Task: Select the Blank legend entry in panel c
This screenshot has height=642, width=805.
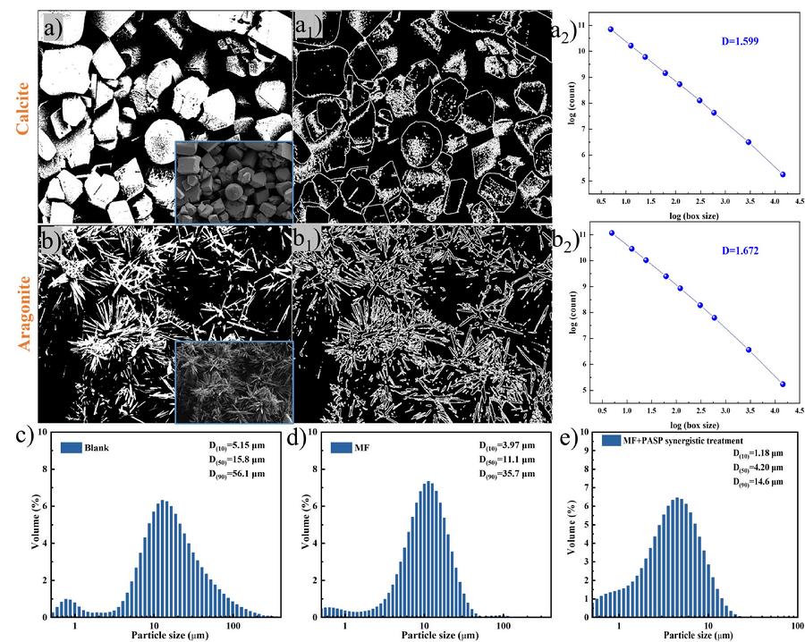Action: [90, 448]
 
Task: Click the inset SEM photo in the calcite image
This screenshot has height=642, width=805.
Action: [234, 182]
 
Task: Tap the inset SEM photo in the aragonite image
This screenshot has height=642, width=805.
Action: [234, 382]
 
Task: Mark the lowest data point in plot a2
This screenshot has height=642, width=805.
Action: [782, 174]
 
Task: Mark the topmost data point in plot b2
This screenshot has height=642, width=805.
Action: [612, 232]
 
